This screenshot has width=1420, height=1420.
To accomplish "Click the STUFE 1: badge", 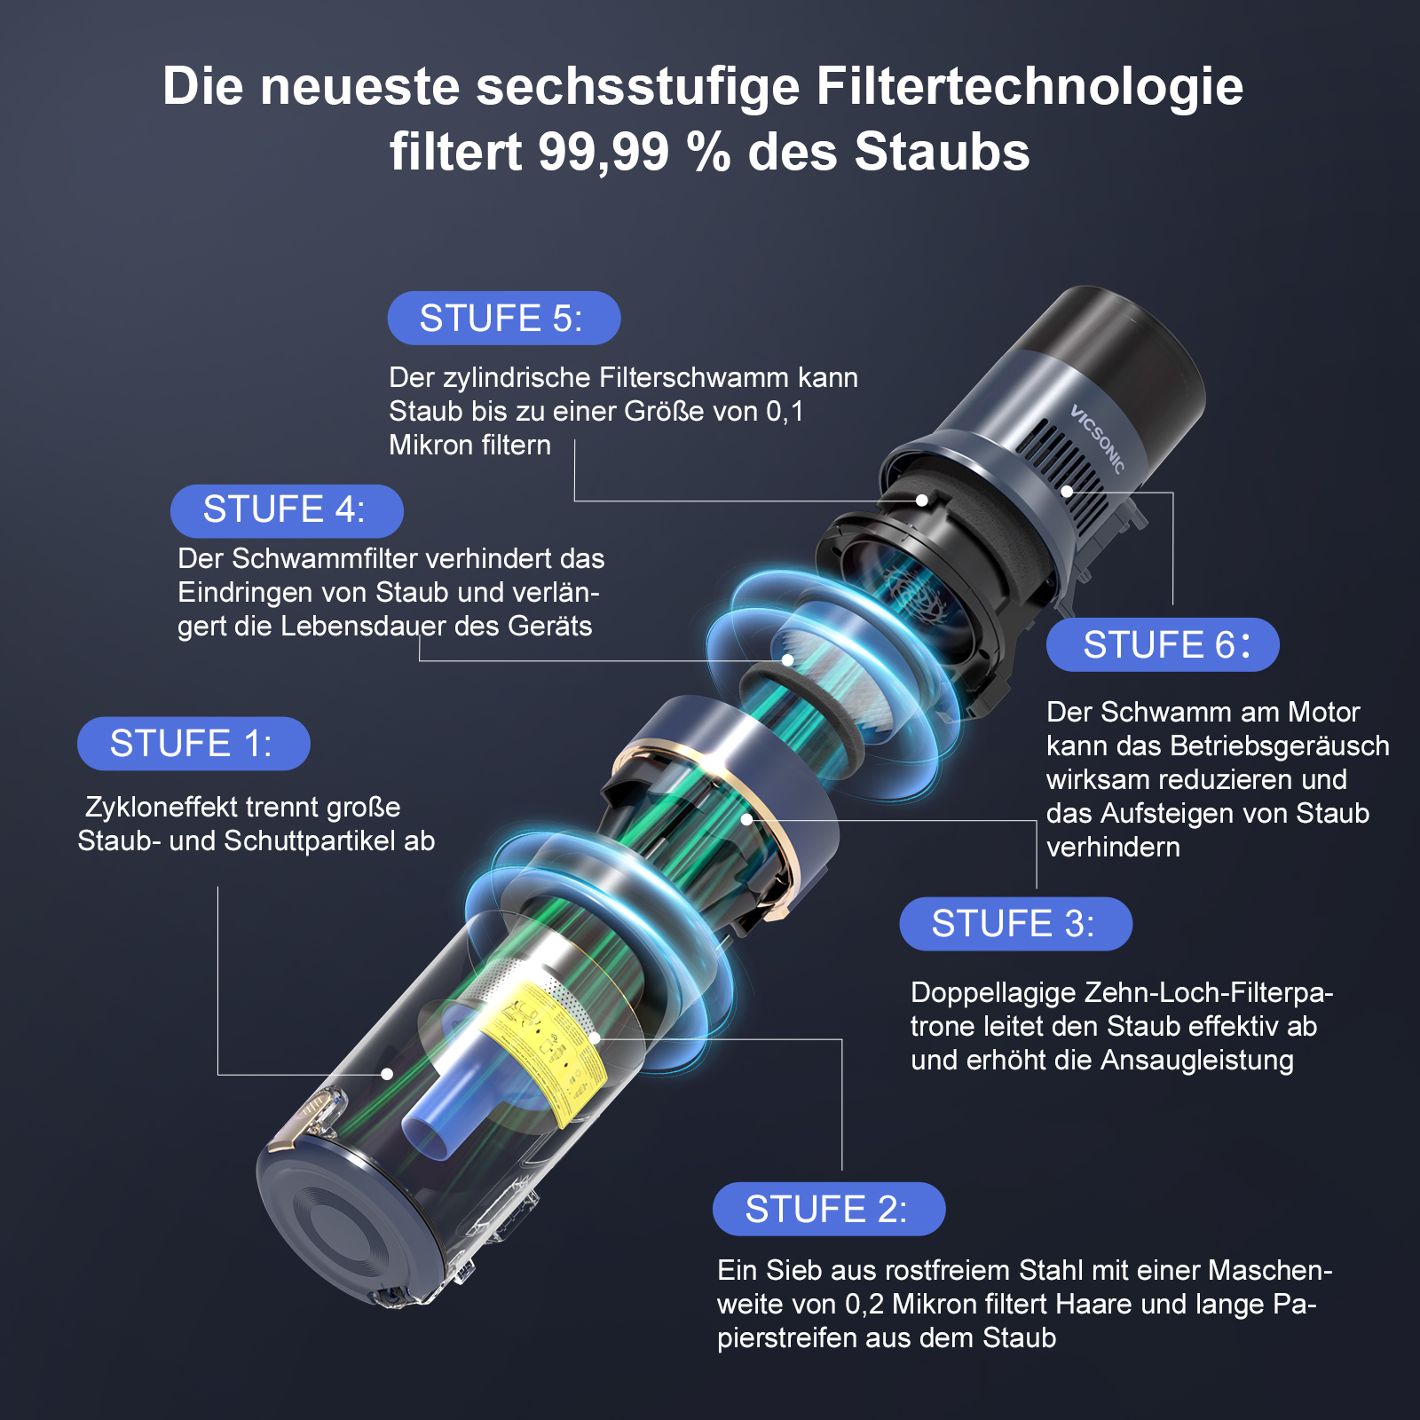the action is (193, 744).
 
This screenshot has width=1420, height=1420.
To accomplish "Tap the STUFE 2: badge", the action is (829, 1209).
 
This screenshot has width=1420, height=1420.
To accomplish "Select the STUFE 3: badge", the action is (1016, 924).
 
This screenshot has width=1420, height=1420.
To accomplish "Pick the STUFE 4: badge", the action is (287, 510).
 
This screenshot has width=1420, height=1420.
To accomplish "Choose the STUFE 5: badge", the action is (504, 318).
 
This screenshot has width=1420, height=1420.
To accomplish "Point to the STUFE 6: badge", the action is (1163, 644).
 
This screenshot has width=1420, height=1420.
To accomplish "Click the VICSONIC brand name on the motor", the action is (1098, 438).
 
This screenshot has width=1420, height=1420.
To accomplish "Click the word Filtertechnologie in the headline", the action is (1029, 86).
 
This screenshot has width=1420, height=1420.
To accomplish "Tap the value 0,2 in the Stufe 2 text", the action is (864, 1304).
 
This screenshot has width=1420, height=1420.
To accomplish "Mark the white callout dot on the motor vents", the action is (1067, 491).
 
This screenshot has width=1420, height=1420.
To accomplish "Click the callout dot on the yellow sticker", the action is (595, 1037).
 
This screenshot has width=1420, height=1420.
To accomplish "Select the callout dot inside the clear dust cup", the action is (387, 1074).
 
